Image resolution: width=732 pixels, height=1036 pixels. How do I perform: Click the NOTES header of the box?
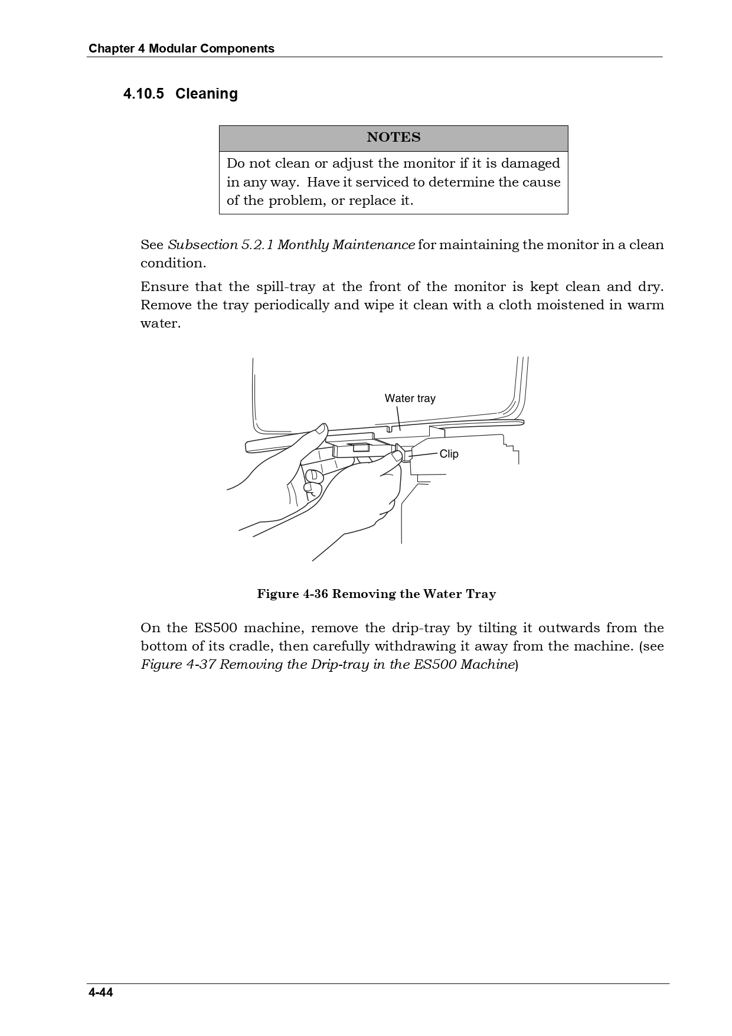(x=393, y=138)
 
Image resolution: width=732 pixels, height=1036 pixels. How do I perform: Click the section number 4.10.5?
(x=143, y=94)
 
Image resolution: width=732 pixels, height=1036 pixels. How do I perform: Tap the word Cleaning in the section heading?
(x=207, y=94)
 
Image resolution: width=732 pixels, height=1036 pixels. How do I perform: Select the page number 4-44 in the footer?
(x=101, y=992)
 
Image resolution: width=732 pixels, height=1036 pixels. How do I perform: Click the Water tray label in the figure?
(x=410, y=398)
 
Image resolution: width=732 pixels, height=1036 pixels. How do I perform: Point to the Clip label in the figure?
(x=449, y=454)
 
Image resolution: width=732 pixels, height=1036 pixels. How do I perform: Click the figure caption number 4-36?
(x=315, y=594)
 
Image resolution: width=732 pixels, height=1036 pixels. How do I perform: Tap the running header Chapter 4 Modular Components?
(x=181, y=48)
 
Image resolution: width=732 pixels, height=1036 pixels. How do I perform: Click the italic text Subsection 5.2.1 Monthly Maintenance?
(x=292, y=245)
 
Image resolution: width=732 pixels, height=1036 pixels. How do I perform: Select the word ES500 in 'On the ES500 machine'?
(x=215, y=628)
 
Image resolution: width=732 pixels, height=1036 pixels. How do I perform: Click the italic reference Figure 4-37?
(x=178, y=665)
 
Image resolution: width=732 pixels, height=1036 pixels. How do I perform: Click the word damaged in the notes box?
(x=530, y=164)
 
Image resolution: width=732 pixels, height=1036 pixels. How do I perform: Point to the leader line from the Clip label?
(x=424, y=455)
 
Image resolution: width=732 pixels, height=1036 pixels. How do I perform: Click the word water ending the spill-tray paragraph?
(x=159, y=323)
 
